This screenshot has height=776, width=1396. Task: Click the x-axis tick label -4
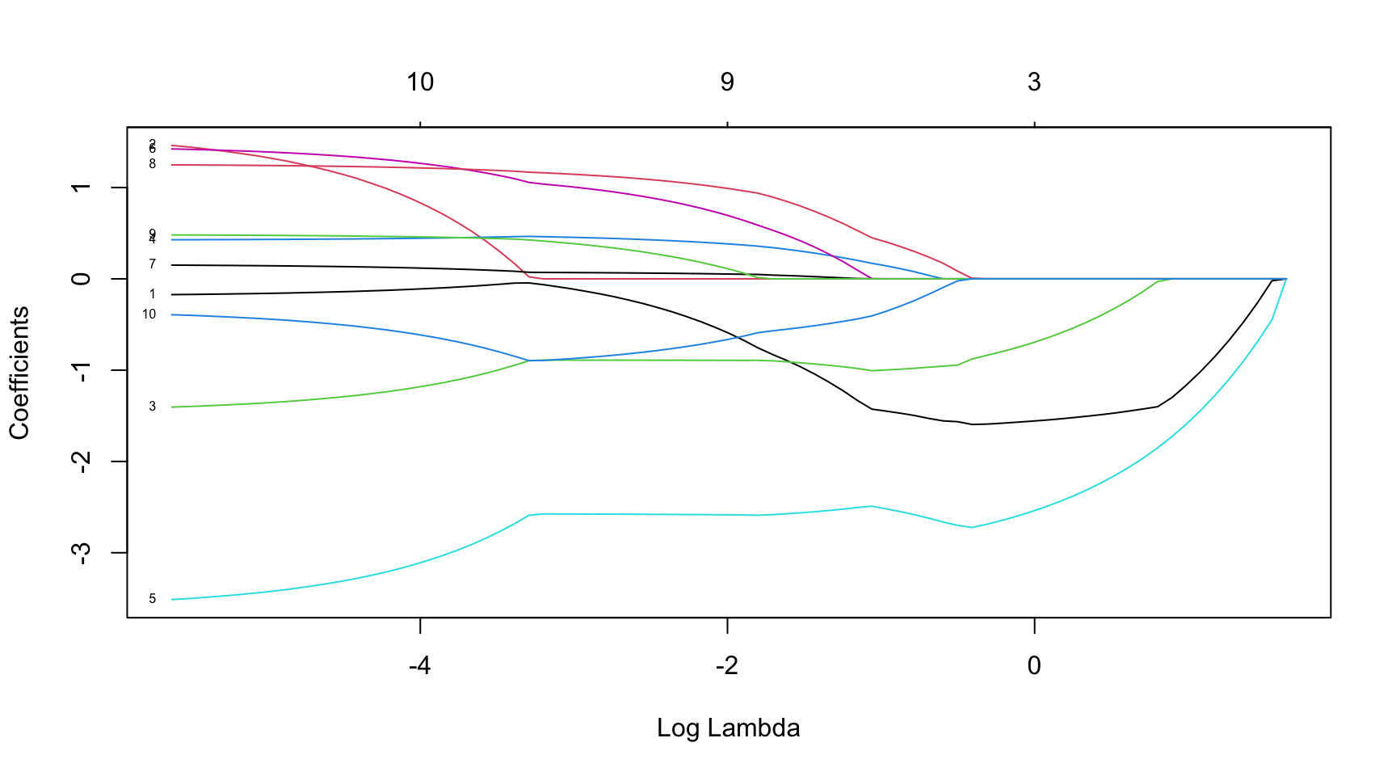point(419,666)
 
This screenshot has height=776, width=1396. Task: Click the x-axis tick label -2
point(726,666)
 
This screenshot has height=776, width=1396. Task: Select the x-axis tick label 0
point(1034,666)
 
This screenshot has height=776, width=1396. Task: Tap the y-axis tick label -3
point(82,553)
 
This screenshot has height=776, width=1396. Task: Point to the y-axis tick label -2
point(82,462)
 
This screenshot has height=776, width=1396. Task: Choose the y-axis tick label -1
point(82,370)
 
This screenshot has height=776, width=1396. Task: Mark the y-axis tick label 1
point(82,188)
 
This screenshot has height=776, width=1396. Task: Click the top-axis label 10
point(420,82)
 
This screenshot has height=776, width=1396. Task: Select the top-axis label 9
point(727,82)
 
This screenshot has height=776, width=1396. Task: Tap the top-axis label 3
point(1034,82)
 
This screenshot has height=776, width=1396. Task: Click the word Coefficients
point(19,373)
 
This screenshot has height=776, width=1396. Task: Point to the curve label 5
point(152,599)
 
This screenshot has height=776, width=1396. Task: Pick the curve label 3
point(152,407)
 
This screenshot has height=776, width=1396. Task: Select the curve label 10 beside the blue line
point(149,314)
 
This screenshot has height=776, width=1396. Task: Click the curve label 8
point(152,164)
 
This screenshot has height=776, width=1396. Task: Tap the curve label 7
point(152,264)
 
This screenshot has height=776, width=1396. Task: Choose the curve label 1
point(152,294)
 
